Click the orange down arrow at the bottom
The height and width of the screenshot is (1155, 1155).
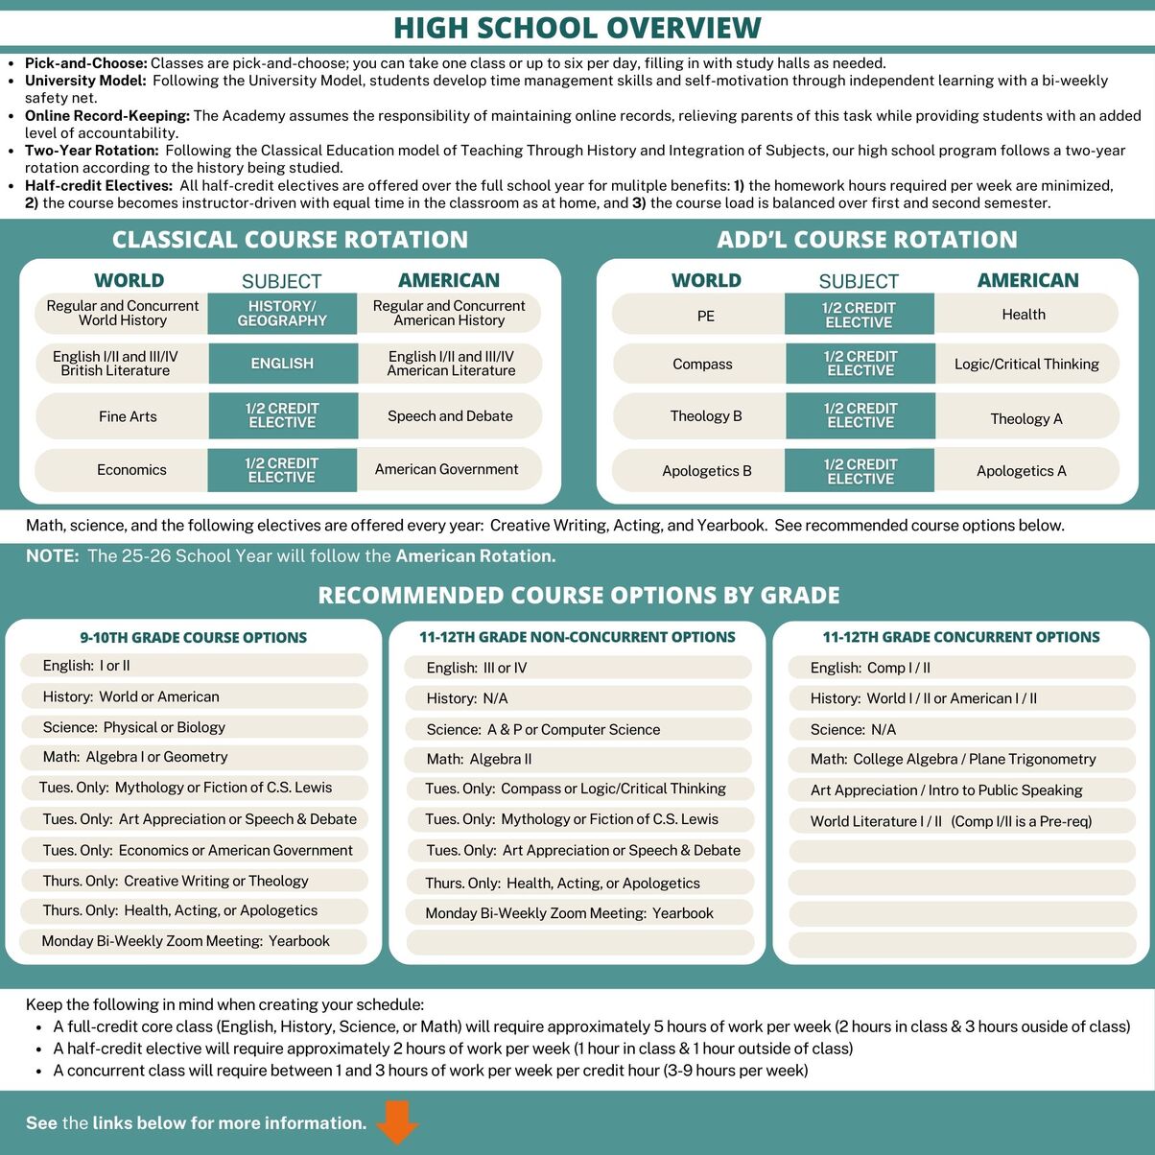(397, 1121)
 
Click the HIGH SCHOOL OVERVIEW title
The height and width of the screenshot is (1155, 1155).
(577, 28)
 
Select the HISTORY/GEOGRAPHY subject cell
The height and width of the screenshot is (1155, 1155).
(282, 314)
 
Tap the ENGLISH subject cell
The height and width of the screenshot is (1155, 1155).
(282, 364)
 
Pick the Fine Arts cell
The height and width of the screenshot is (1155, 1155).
(128, 416)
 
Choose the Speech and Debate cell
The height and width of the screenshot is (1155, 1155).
(450, 416)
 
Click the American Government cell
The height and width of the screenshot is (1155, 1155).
(447, 469)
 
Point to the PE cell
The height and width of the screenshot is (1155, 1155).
(706, 316)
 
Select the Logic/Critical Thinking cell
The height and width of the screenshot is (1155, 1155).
(1026, 365)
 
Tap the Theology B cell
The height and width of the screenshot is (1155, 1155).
(706, 416)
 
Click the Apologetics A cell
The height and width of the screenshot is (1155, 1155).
(1022, 471)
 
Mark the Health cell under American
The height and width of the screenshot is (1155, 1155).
(1024, 315)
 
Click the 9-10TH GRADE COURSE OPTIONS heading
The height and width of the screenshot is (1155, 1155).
(194, 638)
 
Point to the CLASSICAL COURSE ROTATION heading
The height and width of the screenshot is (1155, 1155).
(290, 240)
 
